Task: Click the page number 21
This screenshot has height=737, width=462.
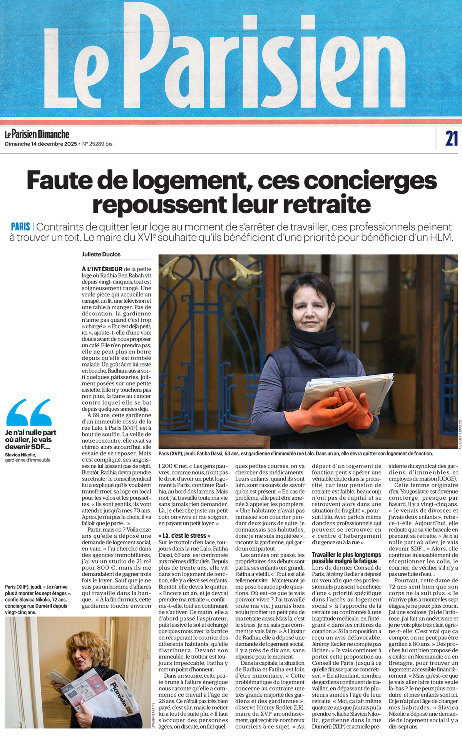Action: tap(451, 138)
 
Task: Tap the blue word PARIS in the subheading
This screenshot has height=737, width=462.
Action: tap(20, 227)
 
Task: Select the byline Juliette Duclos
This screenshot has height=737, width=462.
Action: tap(101, 254)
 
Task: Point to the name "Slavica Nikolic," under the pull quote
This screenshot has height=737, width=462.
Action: tap(20, 455)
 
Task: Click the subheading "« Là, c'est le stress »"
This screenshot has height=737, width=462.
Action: tap(184, 535)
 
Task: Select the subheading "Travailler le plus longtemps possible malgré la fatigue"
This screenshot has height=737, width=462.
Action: tap(346, 558)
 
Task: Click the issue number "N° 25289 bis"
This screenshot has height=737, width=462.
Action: tap(97, 144)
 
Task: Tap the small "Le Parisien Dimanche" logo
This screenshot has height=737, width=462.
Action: tap(37, 134)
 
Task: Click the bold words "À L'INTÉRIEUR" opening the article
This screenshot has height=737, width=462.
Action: tap(102, 269)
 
